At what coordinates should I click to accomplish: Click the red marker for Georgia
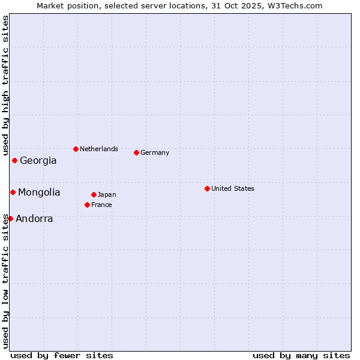tap(14, 160)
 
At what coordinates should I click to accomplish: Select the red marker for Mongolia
tap(13, 192)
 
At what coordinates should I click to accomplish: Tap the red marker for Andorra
tap(10, 218)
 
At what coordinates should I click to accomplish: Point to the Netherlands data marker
tap(76, 149)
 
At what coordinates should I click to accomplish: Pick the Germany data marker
tap(136, 152)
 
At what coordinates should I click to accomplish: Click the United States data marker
tap(207, 188)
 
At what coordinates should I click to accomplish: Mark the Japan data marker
tap(94, 194)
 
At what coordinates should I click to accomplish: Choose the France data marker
tap(87, 205)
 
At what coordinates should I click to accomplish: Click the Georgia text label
tap(38, 161)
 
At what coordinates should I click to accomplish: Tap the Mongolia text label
tap(39, 193)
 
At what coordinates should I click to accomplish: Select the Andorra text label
tap(34, 219)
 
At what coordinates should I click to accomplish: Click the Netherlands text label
tap(99, 149)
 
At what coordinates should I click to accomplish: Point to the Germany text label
tap(155, 152)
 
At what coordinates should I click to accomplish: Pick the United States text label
tap(233, 188)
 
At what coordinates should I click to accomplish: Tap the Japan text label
tap(107, 194)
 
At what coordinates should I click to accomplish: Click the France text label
tap(101, 205)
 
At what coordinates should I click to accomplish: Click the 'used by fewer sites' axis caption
tap(62, 355)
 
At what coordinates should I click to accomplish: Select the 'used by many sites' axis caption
tap(301, 355)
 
